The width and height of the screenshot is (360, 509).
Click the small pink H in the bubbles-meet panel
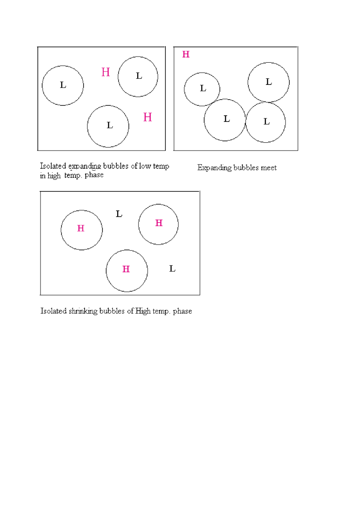(x=186, y=54)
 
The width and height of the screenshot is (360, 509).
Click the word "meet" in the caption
(x=269, y=168)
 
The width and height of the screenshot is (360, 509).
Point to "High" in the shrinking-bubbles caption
(x=143, y=311)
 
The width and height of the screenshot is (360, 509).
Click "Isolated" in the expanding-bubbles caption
(x=53, y=166)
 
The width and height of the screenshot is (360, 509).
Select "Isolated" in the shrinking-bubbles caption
(x=54, y=311)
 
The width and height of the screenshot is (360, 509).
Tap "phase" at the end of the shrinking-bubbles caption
(x=182, y=311)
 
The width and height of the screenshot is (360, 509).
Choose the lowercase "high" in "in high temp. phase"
(x=54, y=176)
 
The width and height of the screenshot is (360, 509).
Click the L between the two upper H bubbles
(x=119, y=214)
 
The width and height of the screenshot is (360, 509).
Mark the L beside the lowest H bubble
(x=172, y=269)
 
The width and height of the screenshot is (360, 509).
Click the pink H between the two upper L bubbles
(x=106, y=72)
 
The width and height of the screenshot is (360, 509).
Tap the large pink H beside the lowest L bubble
(x=148, y=117)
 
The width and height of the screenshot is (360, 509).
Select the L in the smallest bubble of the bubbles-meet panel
(x=203, y=88)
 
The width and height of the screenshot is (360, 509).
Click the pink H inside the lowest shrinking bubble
(x=126, y=269)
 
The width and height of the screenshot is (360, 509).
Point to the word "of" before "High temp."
(x=130, y=311)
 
